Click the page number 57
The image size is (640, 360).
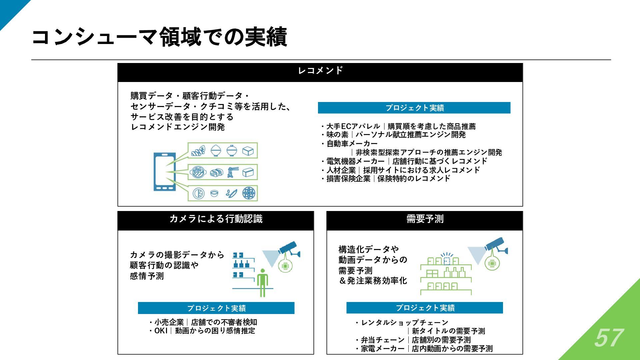[608, 338]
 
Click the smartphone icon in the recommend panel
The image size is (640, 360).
[164, 172]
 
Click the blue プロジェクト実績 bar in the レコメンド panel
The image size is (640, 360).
[414, 108]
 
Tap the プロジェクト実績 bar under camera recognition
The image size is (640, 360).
[216, 308]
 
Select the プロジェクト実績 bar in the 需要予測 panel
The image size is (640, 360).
[424, 308]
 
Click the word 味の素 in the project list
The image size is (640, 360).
[337, 135]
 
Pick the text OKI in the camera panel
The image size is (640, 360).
[161, 331]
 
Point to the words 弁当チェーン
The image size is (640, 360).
[383, 340]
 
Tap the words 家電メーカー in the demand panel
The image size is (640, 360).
[383, 349]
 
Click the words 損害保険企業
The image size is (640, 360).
[348, 179]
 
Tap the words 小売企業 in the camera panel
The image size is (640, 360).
[169, 322]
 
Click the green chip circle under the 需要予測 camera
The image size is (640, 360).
[492, 264]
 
